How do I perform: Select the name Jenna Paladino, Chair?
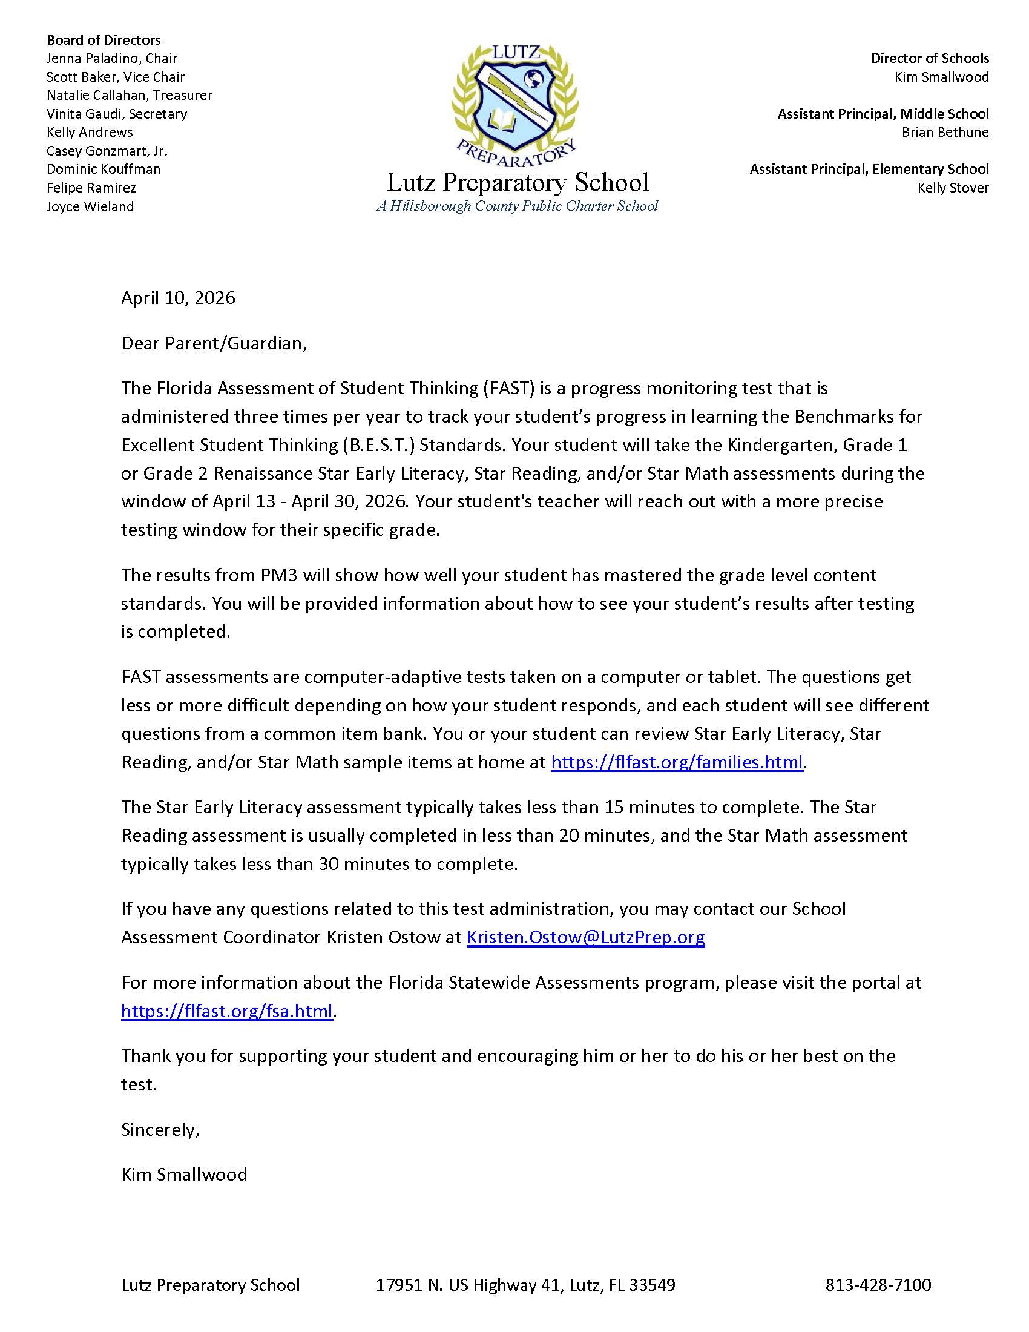coord(111,59)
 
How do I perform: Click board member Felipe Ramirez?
coord(91,188)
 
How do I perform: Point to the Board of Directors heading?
coord(103,40)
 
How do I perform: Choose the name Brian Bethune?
coord(945,133)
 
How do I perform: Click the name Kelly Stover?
coord(953,188)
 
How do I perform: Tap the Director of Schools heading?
coord(929,59)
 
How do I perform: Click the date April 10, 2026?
coord(178,298)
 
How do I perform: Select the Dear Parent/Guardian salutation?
coord(214,343)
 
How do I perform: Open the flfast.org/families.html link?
coord(677,762)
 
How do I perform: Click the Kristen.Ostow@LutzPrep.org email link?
coord(585,937)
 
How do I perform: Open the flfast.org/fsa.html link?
coord(227,1011)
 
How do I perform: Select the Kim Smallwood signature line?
coord(184,1175)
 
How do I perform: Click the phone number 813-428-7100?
coord(878,1285)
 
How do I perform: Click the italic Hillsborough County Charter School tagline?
coord(517,206)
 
